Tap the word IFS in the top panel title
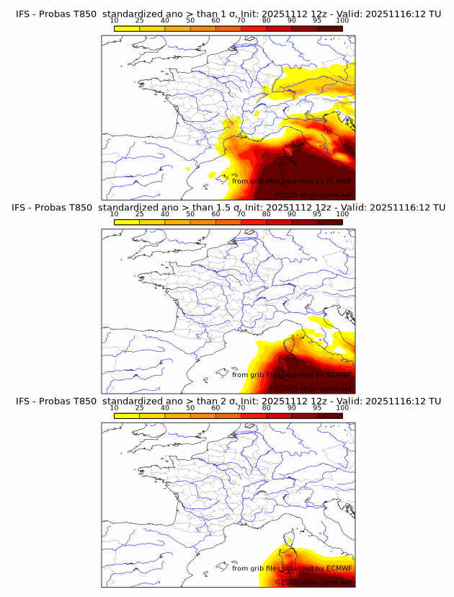pos(25,14)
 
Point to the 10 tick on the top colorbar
pos(115,21)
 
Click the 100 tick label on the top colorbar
pos(342,21)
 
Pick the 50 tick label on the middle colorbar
pos(190,214)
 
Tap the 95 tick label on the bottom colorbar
pos(317,408)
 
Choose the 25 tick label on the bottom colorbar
pos(139,408)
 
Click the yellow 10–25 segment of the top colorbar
pos(127,28)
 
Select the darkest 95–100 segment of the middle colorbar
pos(329,221)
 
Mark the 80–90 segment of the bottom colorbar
pos(279,415)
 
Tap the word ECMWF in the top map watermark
pos(339,181)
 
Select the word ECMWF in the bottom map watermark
pos(339,568)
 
